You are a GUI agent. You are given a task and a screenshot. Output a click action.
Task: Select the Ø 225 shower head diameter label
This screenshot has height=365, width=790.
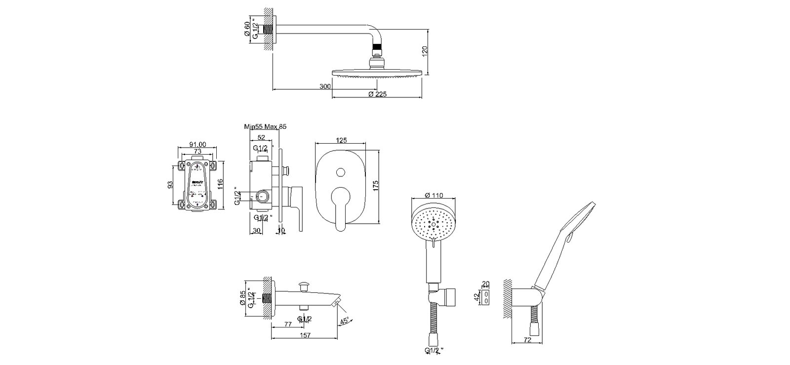(x=378, y=94)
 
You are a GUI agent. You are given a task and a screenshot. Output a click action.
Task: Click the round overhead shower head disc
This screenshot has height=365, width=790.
(x=378, y=73)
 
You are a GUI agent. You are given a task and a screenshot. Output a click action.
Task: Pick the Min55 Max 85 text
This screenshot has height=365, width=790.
(x=266, y=127)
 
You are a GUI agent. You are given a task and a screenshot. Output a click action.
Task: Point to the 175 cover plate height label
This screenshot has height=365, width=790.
(x=376, y=186)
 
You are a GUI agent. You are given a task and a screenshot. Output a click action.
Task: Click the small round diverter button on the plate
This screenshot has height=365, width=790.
(x=340, y=172)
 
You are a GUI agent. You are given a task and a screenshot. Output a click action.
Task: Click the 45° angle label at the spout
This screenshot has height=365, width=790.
(x=344, y=321)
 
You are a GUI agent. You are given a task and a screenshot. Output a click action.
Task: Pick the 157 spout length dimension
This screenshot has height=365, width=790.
(x=305, y=335)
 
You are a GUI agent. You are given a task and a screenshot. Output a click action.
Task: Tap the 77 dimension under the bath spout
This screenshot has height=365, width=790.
(x=288, y=324)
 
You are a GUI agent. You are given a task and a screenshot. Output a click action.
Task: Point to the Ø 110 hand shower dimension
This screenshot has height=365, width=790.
(x=433, y=195)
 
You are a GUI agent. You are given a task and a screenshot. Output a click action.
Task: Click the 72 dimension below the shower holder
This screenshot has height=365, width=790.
(x=527, y=340)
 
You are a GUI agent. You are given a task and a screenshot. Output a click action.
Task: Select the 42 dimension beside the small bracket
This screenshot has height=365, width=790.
(x=477, y=297)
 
